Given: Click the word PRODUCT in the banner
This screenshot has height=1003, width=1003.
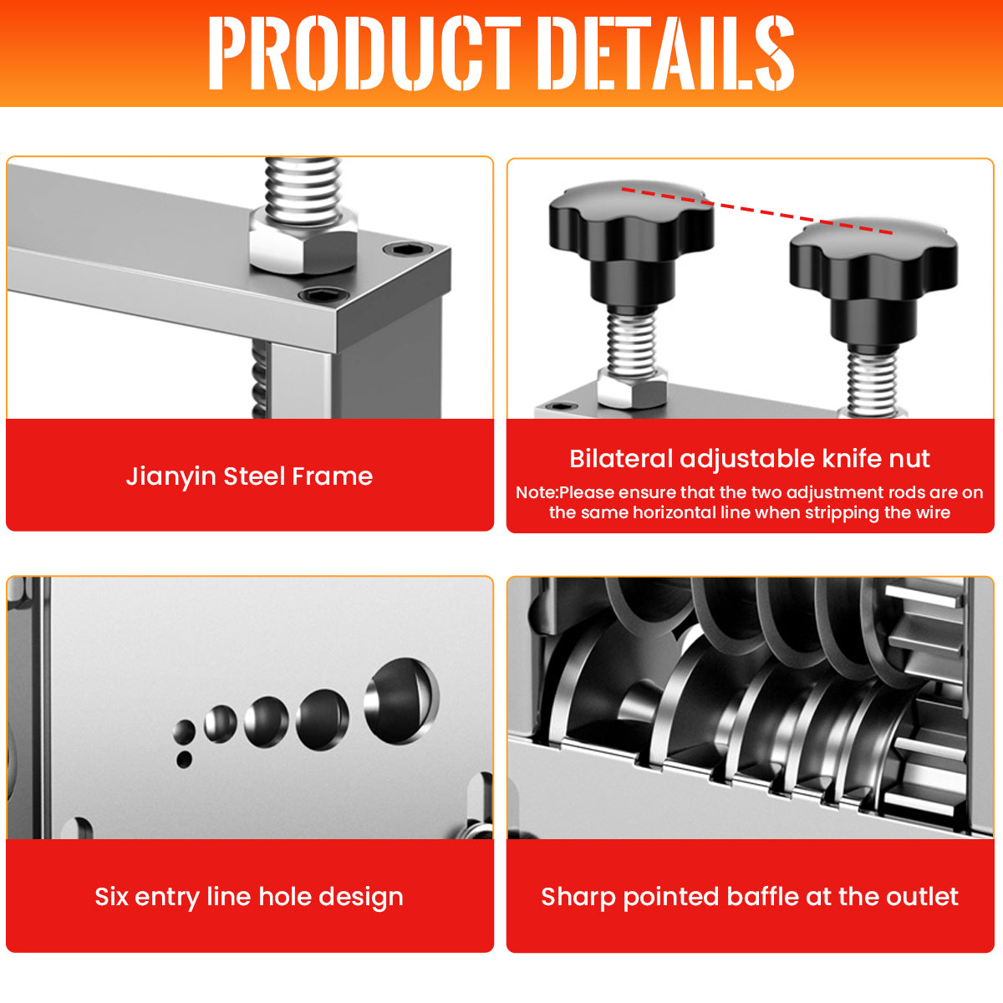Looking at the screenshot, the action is tap(364, 53).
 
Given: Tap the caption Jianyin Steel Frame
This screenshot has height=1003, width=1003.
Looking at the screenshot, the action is tap(249, 476).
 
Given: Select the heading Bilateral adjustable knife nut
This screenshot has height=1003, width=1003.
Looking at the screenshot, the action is tap(750, 459).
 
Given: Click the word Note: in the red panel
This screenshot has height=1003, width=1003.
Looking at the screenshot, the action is tap(537, 492).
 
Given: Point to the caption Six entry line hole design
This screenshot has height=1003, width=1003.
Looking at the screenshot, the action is tap(249, 898).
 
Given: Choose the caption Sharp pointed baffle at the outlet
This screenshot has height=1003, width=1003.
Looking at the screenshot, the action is tap(750, 897).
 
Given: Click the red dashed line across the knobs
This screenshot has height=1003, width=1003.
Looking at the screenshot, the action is tap(757, 211).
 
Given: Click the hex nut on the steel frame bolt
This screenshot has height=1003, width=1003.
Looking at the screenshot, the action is tap(303, 241).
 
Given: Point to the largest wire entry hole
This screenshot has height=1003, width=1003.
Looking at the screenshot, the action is tap(401, 700).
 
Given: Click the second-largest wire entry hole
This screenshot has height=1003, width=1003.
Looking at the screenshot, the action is tap(323, 720).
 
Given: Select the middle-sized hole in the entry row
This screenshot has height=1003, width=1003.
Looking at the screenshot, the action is tap(267, 722).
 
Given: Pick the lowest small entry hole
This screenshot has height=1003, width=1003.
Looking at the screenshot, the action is tap(184, 760).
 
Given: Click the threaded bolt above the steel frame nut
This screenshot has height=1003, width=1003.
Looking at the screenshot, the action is tap(303, 184).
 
